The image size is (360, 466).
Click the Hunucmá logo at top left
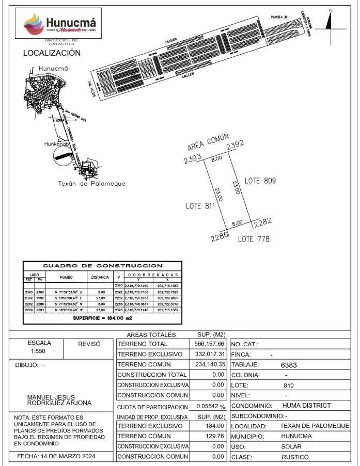(61, 24)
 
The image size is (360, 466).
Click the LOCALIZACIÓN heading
(52, 53)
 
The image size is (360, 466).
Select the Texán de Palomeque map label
(91, 183)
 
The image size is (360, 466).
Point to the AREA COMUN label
(208, 143)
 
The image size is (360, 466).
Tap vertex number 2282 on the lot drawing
(262, 222)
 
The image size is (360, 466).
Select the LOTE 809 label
(260, 181)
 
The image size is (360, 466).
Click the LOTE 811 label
(200, 206)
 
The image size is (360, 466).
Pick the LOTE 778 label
(254, 239)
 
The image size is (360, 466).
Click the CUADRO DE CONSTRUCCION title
(103, 266)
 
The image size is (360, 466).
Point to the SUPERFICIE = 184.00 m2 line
(103, 319)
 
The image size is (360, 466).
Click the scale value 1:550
(39, 351)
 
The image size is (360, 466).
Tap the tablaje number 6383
(290, 364)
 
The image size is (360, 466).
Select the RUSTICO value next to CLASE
(295, 457)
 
